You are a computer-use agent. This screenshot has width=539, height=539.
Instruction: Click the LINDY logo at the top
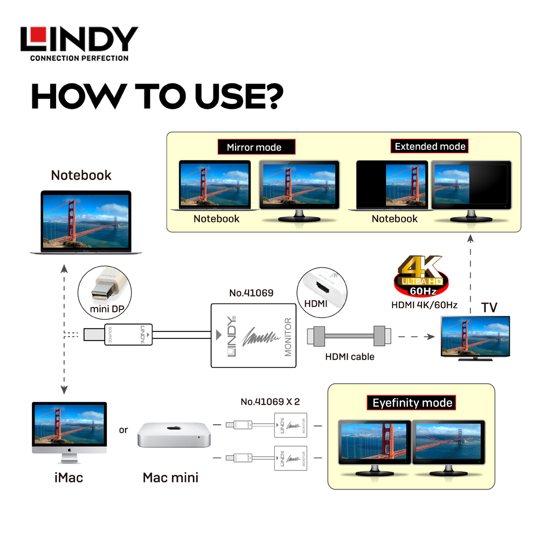[79, 40]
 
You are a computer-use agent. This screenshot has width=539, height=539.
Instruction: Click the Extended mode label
[430, 147]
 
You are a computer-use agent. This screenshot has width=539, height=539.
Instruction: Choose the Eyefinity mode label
[412, 403]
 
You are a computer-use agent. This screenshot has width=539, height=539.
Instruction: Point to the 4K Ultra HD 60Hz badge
[420, 275]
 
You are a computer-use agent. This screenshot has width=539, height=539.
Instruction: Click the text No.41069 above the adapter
[251, 293]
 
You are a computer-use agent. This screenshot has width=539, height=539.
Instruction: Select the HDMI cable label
[350, 356]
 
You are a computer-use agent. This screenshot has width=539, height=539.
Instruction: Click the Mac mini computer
[173, 434]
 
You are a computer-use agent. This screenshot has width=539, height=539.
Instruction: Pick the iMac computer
[69, 431]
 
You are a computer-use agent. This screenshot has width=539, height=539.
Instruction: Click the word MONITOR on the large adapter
[287, 337]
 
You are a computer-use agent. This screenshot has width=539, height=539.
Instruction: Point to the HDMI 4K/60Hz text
[424, 305]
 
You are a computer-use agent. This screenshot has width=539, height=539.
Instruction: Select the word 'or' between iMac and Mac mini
[124, 430]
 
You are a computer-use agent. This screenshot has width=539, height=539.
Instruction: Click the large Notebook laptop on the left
[86, 222]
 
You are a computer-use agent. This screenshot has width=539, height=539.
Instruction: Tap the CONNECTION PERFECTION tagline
[79, 58]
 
